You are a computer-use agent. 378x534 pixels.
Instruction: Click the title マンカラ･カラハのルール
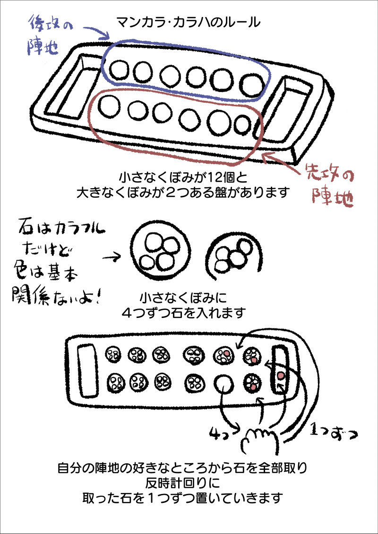[x=188, y=22]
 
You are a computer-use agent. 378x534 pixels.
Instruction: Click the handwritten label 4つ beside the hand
[x=221, y=432]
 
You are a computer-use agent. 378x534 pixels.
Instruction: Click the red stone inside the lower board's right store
[x=281, y=376]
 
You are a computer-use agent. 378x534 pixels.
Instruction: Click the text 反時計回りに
[x=189, y=483]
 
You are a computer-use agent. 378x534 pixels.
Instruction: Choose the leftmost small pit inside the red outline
[x=109, y=105]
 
